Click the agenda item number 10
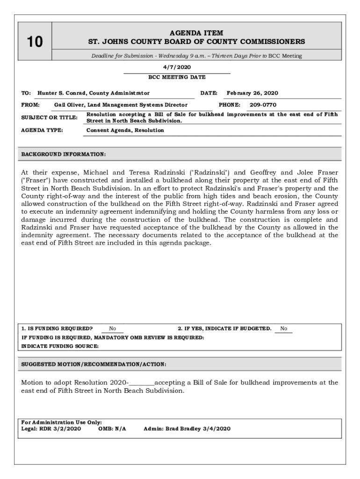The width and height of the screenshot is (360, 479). pyautogui.click(x=34, y=43)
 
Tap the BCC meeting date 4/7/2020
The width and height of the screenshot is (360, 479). pyautogui.click(x=177, y=67)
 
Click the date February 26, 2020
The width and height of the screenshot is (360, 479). pyautogui.click(x=252, y=93)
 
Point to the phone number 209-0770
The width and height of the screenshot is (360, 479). pyautogui.click(x=263, y=105)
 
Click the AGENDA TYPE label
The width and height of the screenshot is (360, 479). pyautogui.click(x=42, y=131)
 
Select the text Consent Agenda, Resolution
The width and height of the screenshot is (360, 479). pyautogui.click(x=125, y=131)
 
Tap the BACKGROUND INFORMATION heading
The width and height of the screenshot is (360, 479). pyautogui.click(x=64, y=154)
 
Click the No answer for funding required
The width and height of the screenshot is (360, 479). pyautogui.click(x=113, y=329)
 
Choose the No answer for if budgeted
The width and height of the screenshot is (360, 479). pyautogui.click(x=284, y=329)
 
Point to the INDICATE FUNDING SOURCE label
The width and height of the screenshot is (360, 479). pyautogui.click(x=60, y=346)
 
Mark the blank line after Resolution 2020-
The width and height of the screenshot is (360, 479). pyautogui.click(x=141, y=383)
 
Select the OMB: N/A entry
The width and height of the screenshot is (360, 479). pyautogui.click(x=112, y=428)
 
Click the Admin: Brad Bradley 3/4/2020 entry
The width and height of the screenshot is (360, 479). pyautogui.click(x=187, y=428)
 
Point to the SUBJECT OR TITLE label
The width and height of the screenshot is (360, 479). pyautogui.click(x=49, y=117)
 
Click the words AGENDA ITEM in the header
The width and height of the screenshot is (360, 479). pyautogui.click(x=196, y=33)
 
